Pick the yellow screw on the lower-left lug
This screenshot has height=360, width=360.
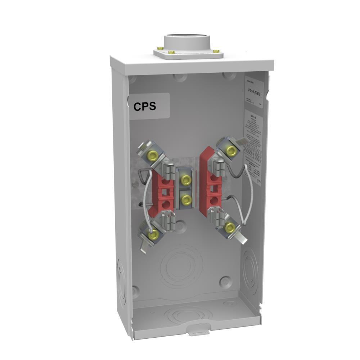(x=154, y=235)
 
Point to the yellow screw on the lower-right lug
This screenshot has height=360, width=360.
(x=230, y=228)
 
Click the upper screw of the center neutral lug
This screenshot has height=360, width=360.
(x=186, y=179)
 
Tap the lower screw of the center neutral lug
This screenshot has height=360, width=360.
(x=186, y=198)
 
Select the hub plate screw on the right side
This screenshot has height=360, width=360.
(x=216, y=51)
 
